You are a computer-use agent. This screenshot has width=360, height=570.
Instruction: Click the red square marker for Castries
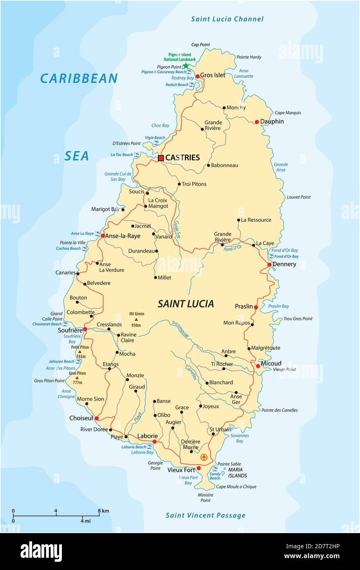click(161, 158)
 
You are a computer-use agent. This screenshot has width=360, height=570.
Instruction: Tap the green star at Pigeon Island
click(186, 66)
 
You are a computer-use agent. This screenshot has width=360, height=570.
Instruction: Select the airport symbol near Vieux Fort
click(204, 457)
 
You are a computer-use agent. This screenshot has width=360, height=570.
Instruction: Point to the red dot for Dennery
click(269, 264)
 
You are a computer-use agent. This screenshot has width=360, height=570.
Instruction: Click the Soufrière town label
click(69, 329)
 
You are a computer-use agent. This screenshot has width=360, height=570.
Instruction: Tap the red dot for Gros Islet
click(197, 76)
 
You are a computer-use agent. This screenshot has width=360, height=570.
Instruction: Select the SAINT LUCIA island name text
click(186, 304)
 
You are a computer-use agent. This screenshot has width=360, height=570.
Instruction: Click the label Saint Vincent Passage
click(205, 515)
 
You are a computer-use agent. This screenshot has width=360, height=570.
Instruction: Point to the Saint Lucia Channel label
click(227, 19)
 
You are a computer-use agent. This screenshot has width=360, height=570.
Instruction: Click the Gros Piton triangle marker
click(77, 378)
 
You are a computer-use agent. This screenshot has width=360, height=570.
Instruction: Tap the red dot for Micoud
click(257, 366)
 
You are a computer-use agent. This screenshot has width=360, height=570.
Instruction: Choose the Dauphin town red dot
click(257, 122)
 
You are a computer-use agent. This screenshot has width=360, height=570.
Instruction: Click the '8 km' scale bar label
click(103, 511)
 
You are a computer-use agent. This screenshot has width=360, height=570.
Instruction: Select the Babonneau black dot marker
click(208, 166)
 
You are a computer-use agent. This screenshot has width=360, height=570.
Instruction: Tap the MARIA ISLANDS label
click(237, 472)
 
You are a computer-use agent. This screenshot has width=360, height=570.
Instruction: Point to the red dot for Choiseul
click(97, 418)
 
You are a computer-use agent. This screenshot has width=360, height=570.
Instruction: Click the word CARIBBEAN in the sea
click(79, 78)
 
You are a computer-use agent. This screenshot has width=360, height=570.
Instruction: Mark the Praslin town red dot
click(256, 307)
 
